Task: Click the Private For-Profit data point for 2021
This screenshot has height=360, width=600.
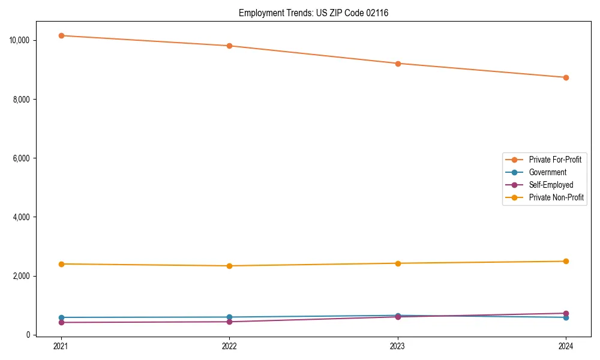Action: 61,35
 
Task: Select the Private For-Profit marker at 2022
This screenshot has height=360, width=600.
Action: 229,46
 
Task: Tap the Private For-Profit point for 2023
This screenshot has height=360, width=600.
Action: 398,64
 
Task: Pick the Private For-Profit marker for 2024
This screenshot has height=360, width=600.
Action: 566,77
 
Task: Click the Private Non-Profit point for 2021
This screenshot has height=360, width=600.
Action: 61,264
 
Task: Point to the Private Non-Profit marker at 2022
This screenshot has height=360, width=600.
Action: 229,266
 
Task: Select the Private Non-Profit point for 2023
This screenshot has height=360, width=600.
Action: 398,263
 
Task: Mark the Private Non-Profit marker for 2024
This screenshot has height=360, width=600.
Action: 566,261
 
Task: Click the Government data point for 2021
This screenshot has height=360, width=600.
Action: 61,317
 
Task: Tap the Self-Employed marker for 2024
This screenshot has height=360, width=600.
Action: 566,313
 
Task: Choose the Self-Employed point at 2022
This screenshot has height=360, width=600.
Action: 229,322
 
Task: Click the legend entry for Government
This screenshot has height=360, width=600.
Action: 547,172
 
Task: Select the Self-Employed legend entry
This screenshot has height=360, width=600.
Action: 551,185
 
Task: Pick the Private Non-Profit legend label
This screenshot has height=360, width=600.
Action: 556,197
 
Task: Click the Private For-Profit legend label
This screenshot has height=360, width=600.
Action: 555,160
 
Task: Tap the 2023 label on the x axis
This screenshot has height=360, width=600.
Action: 398,346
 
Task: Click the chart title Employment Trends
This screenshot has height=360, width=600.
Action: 313,13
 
